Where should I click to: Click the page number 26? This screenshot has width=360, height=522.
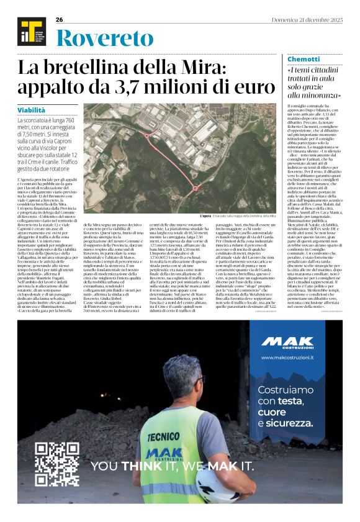point(59,19)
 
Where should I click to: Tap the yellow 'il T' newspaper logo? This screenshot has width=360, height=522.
point(29,32)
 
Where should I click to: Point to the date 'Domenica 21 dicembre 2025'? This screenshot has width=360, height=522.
point(310,19)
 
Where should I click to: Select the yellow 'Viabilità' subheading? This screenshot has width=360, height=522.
point(31,110)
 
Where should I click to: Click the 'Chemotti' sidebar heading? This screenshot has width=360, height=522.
point(304,59)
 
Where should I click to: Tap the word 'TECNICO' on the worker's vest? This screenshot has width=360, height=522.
point(147,436)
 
